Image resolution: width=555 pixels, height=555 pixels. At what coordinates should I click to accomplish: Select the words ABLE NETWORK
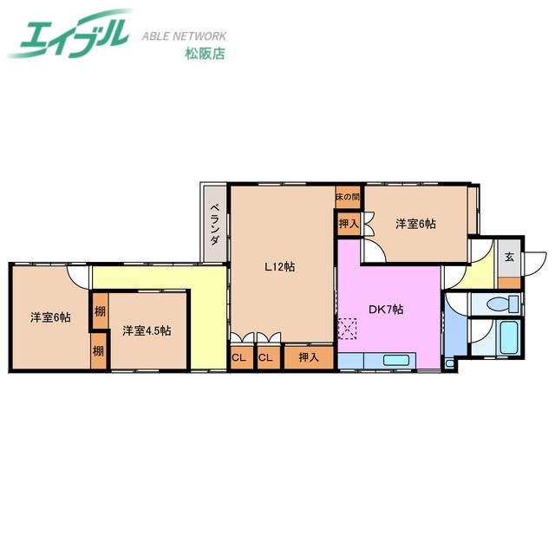[x=184, y=36]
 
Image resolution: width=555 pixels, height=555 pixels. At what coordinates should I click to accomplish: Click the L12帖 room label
[x=279, y=267]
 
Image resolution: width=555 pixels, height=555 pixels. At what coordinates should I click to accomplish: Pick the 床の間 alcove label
[x=348, y=198]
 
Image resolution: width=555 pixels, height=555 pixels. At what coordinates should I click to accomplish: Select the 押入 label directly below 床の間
[x=348, y=224]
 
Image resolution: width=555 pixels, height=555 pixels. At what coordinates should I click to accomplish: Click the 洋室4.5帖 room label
[x=146, y=330]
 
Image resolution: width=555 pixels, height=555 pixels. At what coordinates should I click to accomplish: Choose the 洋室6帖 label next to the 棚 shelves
[x=49, y=317]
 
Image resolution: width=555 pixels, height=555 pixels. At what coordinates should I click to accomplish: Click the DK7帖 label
[x=385, y=310]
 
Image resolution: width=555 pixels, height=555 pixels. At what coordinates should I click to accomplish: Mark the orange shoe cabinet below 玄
[x=510, y=283]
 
